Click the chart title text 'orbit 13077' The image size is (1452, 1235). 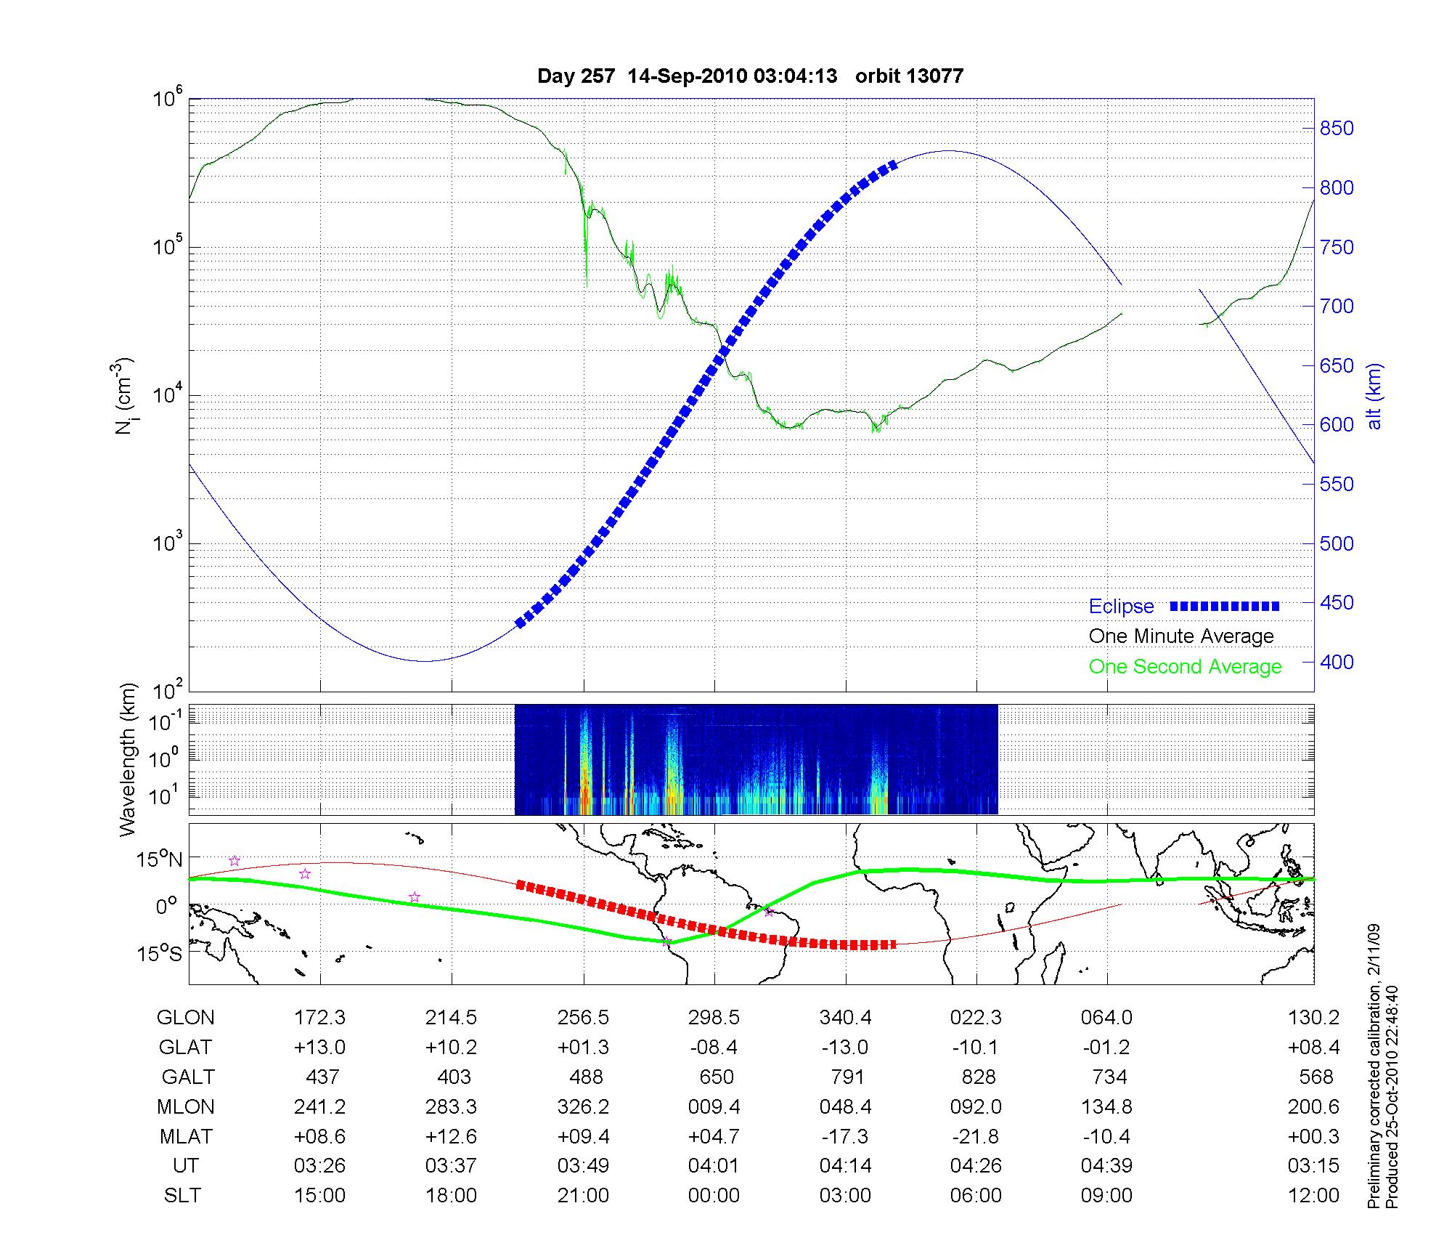click(x=909, y=76)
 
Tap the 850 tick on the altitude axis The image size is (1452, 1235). click(x=1337, y=129)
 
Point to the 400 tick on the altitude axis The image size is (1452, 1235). click(x=1337, y=662)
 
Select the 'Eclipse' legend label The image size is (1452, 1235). click(x=1121, y=607)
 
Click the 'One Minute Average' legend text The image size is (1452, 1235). click(x=1181, y=636)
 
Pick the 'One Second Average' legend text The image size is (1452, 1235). click(x=1185, y=667)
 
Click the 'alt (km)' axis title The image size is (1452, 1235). click(x=1374, y=396)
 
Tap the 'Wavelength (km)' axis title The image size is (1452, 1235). click(x=129, y=759)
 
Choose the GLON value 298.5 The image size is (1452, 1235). click(x=714, y=1017)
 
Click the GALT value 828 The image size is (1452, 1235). click(x=978, y=1077)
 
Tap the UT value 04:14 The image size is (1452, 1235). click(x=846, y=1166)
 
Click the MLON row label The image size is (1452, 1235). click(x=186, y=1106)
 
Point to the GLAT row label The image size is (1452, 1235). click(x=186, y=1047)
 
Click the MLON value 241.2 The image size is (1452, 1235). click(x=319, y=1106)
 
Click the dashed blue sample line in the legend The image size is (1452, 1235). click(x=1225, y=606)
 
